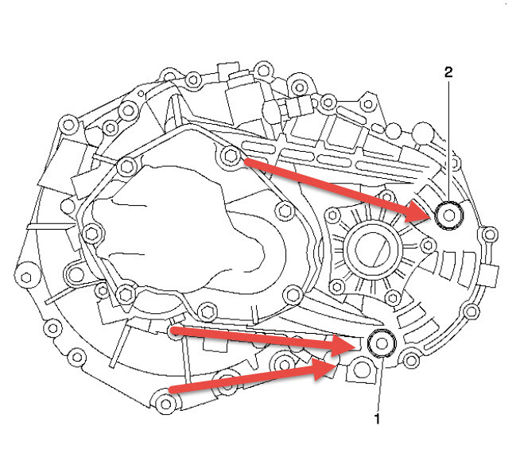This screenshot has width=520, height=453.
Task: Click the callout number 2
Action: click(449, 72)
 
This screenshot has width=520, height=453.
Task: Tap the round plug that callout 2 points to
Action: click(450, 214)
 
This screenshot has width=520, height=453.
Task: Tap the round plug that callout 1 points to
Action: click(382, 343)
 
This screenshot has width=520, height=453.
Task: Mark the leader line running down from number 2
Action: click(449, 135)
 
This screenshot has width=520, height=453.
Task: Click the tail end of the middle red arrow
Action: click(173, 328)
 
